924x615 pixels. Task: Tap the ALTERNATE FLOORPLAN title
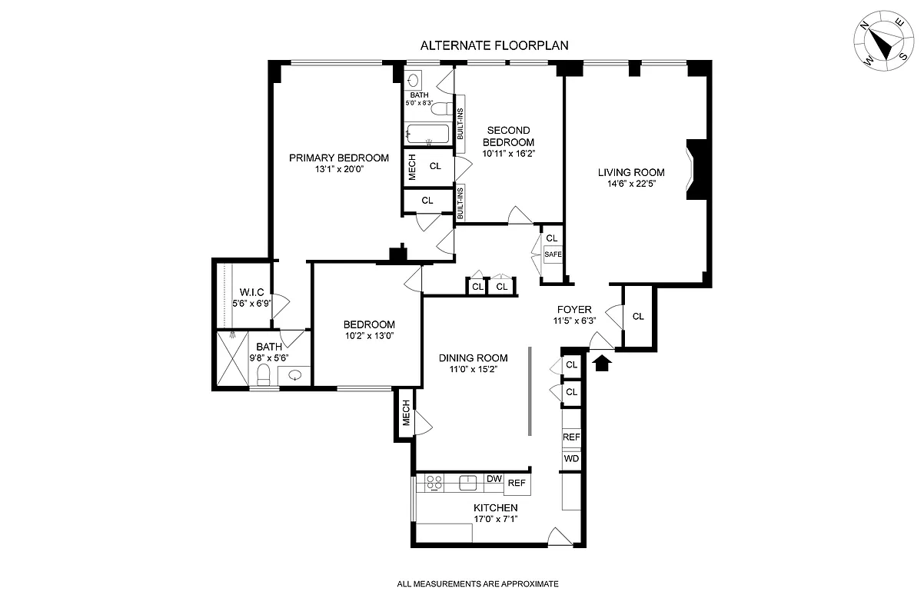coord(494,46)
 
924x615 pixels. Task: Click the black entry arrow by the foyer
coord(602,362)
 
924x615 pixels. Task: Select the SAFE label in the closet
coord(553,254)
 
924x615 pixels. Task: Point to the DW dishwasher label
coord(494,479)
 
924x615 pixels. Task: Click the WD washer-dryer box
coord(571,459)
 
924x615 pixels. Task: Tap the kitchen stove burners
coord(434,484)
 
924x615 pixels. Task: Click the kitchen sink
coord(467,483)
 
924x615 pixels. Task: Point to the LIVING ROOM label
coord(631,172)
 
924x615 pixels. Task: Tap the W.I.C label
coord(251,292)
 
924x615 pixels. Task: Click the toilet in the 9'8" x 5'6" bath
coord(262,375)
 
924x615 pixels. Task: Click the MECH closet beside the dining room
coord(406,416)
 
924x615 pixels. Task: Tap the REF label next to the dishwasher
coord(517,484)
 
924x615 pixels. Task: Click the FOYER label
coord(574,310)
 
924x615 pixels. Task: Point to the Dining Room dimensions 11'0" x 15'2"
coord(473,370)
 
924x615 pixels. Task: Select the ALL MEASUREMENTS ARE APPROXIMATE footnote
coord(477,584)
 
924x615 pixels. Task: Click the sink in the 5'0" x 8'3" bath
coord(413,79)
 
